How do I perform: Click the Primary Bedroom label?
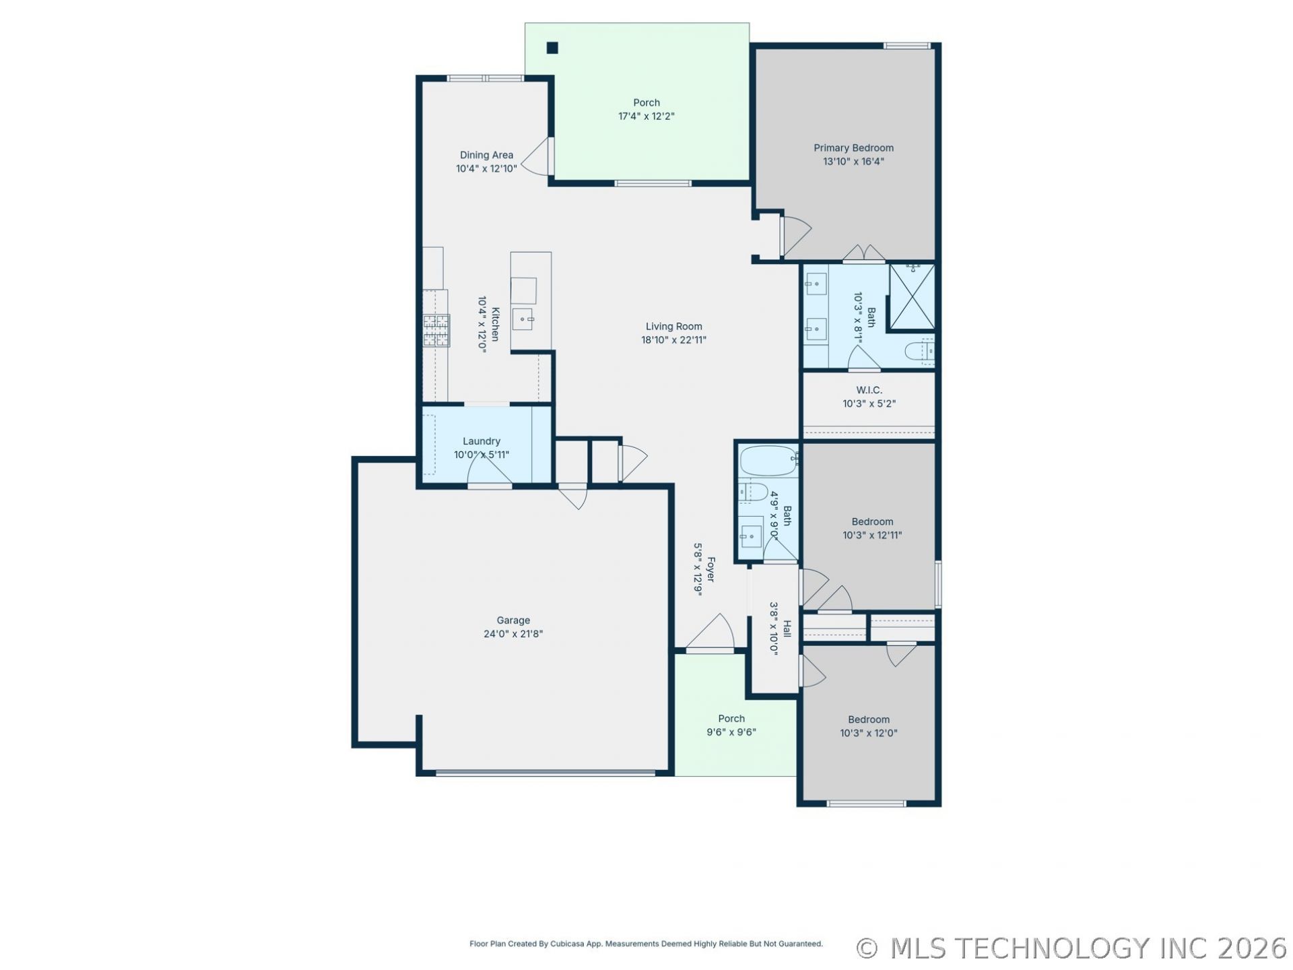(x=853, y=148)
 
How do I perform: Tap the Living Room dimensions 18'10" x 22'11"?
(x=673, y=340)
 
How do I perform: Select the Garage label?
(x=513, y=620)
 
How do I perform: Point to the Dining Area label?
(x=486, y=155)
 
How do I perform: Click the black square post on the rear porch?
(x=552, y=48)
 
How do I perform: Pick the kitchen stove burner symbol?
(x=436, y=331)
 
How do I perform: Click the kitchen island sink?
(x=523, y=319)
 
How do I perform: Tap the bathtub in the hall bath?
(x=768, y=461)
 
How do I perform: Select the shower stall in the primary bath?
(x=912, y=297)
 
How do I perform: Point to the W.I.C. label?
(x=869, y=390)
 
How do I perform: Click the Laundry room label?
(x=482, y=441)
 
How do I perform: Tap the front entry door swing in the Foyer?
(x=711, y=632)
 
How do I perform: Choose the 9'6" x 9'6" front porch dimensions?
(x=731, y=732)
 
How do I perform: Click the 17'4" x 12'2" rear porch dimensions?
(x=646, y=117)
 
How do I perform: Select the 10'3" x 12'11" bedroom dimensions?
(x=872, y=536)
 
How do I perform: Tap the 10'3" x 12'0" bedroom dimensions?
(x=869, y=734)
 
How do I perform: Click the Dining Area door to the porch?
(x=537, y=158)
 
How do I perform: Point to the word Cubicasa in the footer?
(x=568, y=944)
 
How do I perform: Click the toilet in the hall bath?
(x=753, y=492)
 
